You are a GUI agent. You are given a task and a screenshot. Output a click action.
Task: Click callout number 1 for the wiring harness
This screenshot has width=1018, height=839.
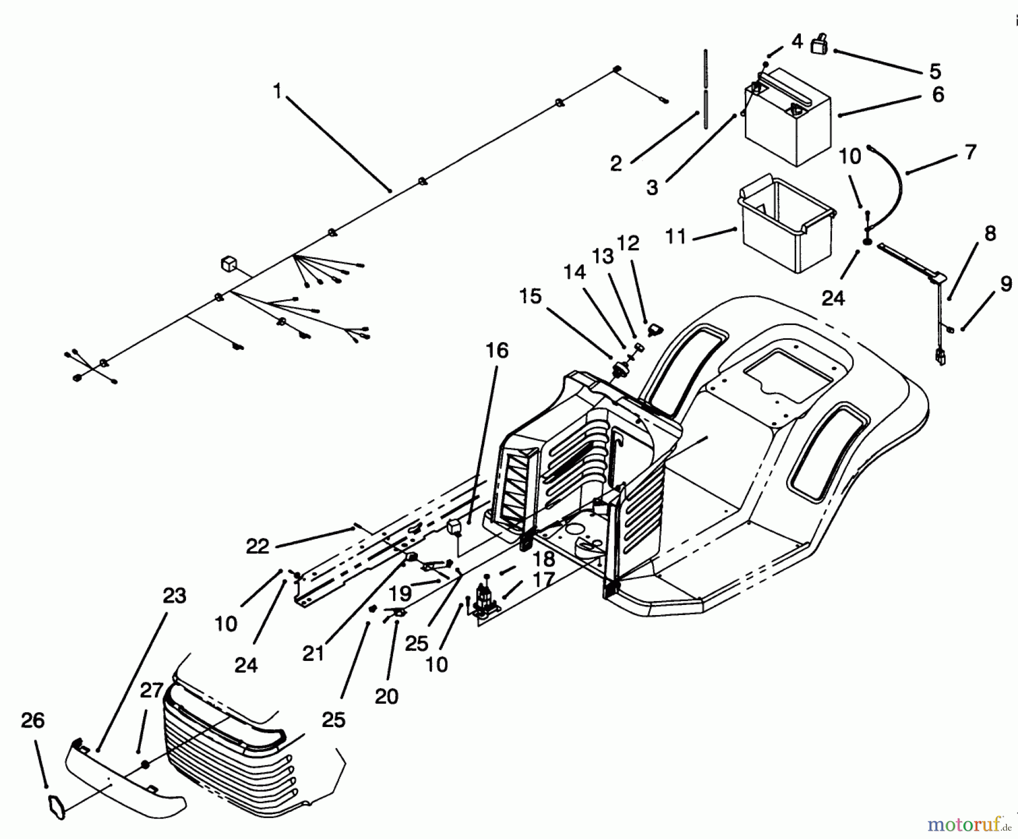277,90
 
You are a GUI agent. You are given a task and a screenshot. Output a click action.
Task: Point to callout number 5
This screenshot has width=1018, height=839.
935,71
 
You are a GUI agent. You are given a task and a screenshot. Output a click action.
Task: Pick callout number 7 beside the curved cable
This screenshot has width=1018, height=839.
970,152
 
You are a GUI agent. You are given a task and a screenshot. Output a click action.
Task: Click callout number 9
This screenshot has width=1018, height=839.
1006,284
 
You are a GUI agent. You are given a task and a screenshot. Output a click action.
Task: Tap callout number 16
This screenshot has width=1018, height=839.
497,351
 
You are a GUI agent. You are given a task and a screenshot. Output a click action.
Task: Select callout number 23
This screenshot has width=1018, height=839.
174,596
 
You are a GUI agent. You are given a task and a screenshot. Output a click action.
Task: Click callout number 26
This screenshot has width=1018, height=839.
33,720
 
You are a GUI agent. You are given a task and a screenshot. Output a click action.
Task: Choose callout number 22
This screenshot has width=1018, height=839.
257,547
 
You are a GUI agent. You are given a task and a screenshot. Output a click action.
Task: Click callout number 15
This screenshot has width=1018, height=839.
530,296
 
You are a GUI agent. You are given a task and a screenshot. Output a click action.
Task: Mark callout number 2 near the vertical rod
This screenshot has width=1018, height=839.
616,163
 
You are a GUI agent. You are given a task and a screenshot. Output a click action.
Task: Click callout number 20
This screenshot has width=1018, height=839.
387,696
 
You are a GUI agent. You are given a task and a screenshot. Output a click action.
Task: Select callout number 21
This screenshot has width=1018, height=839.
313,653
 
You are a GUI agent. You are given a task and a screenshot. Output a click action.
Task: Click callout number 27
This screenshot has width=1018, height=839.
152,691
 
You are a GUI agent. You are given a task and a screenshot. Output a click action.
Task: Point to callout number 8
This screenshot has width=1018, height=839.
990,233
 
